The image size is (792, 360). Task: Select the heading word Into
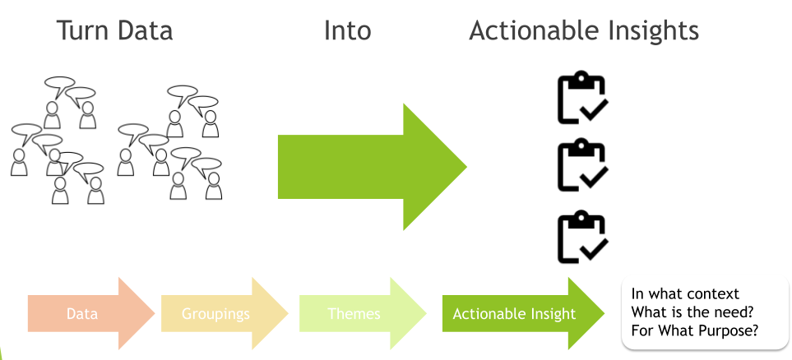[347, 31]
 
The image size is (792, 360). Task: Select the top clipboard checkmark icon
[582, 99]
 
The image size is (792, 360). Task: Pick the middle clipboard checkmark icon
[582, 166]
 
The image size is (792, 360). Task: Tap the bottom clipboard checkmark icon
[582, 238]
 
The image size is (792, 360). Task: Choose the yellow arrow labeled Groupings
[222, 314]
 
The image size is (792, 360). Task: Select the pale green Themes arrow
[360, 314]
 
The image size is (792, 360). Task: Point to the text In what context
[684, 294]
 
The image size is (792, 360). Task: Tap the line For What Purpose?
[694, 330]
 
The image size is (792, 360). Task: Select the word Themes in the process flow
[354, 314]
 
